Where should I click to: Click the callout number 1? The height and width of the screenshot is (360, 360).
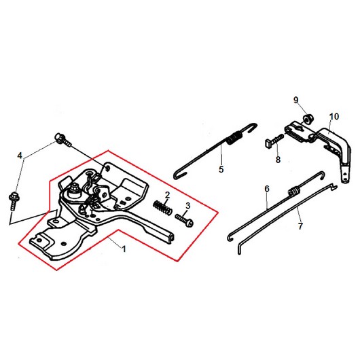point(124,249)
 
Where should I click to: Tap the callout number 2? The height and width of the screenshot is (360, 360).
point(167,195)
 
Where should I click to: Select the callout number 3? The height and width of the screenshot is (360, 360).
point(187,206)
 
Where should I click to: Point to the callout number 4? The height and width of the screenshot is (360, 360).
point(20,156)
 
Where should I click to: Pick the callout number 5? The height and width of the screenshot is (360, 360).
point(221,169)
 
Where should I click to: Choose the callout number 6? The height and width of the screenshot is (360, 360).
point(267,189)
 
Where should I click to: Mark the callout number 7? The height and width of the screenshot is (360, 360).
point(300,226)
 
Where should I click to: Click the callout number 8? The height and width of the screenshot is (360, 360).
point(278,160)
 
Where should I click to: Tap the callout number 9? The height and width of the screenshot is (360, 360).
point(296,100)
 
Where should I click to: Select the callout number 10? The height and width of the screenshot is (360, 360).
point(334,116)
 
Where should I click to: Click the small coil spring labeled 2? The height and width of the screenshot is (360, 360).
point(162,207)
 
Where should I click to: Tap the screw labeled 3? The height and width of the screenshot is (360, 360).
point(184,219)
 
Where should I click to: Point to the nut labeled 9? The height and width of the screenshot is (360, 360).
point(307,120)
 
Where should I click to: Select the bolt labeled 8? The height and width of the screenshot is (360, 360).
point(274,141)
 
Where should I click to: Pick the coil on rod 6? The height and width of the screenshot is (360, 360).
point(293,192)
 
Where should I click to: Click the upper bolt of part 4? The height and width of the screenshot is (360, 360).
point(62,139)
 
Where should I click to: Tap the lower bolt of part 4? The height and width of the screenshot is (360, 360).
point(14,201)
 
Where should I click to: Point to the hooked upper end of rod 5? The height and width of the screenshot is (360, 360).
point(251,128)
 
